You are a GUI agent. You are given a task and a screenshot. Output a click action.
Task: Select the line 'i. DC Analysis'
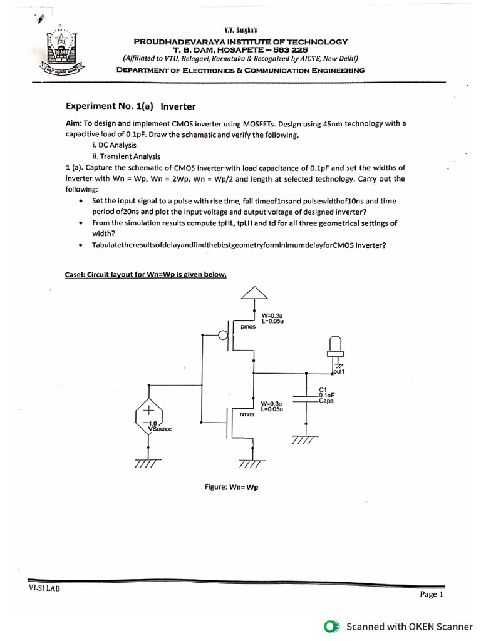[x=113, y=145]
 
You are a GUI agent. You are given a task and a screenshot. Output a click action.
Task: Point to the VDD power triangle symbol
[x=254, y=293]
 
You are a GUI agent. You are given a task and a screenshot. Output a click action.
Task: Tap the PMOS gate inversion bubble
[x=224, y=336]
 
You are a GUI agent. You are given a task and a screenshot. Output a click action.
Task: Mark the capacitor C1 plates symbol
[x=305, y=398]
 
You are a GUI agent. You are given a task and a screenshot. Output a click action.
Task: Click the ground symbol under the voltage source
[x=148, y=463]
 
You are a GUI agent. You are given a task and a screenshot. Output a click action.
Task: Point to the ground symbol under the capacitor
[x=304, y=441]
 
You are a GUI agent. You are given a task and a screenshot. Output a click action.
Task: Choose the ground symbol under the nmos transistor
[x=253, y=463]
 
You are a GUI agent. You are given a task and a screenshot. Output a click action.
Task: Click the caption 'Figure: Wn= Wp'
[x=231, y=487]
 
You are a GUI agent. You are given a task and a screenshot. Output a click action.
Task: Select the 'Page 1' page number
[x=431, y=595]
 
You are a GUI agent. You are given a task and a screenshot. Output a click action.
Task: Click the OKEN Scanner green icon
[x=332, y=626]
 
